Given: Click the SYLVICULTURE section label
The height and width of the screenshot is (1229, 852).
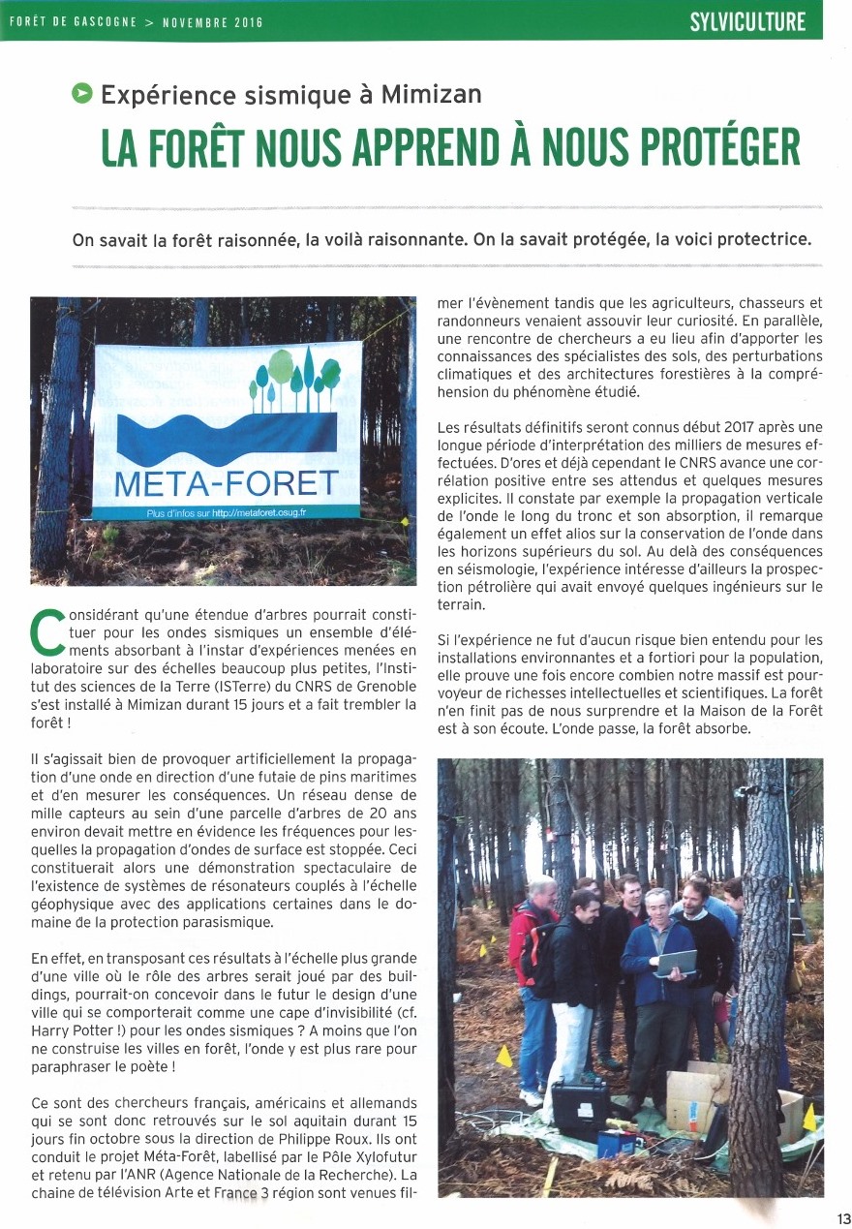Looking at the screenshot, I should (747, 21).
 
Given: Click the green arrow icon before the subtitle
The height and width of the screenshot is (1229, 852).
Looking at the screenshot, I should (82, 94).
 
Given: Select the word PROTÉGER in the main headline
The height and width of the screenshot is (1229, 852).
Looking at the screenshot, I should (711, 147).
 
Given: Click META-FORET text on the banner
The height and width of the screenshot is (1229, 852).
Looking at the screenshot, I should (227, 481).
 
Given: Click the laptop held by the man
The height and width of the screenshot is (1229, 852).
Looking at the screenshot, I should (675, 961).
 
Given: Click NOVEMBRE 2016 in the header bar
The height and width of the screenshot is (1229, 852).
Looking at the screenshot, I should (210, 21).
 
